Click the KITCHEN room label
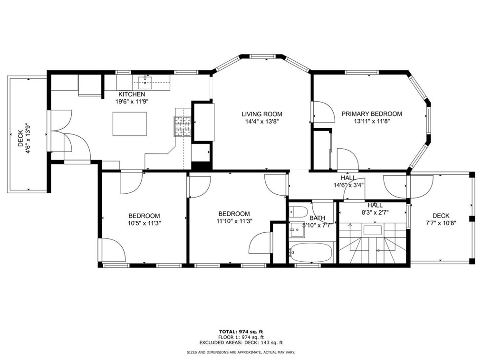point(132,95)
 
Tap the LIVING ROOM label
point(261,114)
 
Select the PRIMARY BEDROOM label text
point(372,114)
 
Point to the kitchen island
point(129,124)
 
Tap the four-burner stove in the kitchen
point(183,126)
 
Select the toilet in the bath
point(298,212)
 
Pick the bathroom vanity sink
point(297,230)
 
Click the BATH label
point(317,218)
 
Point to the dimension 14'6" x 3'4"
point(348,185)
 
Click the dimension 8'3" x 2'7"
point(375,212)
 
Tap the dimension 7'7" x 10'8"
point(441,223)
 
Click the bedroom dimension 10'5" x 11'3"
point(144,223)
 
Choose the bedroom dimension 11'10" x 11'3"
point(234,221)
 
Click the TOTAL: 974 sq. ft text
point(241,332)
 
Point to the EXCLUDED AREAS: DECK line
point(241,343)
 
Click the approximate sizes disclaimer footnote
point(241,352)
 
